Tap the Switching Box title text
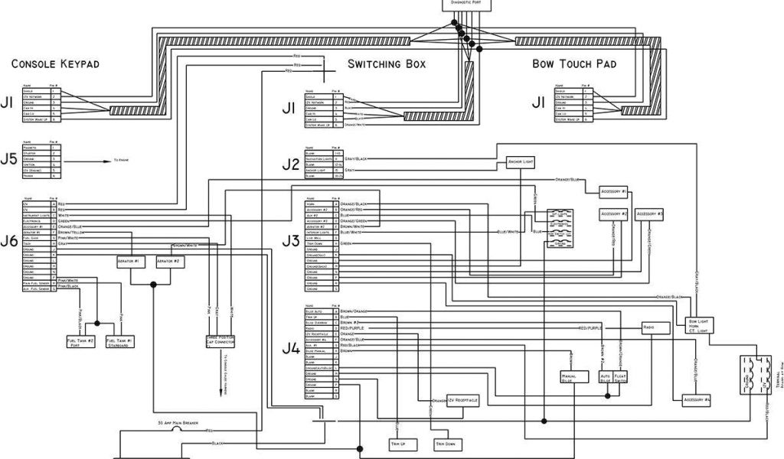(x=387, y=63)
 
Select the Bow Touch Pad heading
(x=574, y=63)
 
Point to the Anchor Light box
(x=520, y=162)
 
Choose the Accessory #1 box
(x=614, y=190)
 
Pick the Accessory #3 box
(x=650, y=213)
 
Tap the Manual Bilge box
(x=567, y=377)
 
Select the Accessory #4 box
(x=696, y=399)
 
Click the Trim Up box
(x=398, y=444)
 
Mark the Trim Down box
(x=446, y=444)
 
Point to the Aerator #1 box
(x=131, y=262)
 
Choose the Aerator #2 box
(x=168, y=262)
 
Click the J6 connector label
(x=9, y=242)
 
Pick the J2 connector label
(x=290, y=163)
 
